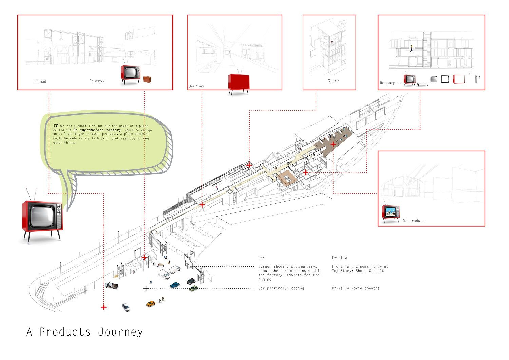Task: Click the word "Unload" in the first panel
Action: (x=40, y=82)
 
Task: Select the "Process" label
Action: (x=97, y=81)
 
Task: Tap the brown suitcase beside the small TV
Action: (x=147, y=79)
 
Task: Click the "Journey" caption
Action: (x=196, y=86)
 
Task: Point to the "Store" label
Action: (x=333, y=81)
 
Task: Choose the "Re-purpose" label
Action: (x=391, y=83)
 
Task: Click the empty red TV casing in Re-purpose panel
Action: (x=458, y=79)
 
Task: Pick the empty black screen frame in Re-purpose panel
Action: (x=445, y=79)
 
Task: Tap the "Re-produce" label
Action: (x=414, y=221)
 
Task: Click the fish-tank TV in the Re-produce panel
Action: (x=391, y=213)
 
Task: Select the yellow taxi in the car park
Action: (x=151, y=303)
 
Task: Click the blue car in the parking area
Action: (x=175, y=285)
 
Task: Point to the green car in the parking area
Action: (x=193, y=288)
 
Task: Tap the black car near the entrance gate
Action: (x=191, y=281)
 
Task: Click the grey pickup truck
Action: (x=111, y=285)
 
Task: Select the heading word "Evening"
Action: (x=339, y=258)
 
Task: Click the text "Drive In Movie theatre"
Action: (x=356, y=288)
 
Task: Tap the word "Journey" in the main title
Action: (x=120, y=332)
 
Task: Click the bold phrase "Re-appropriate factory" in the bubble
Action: (x=97, y=130)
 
